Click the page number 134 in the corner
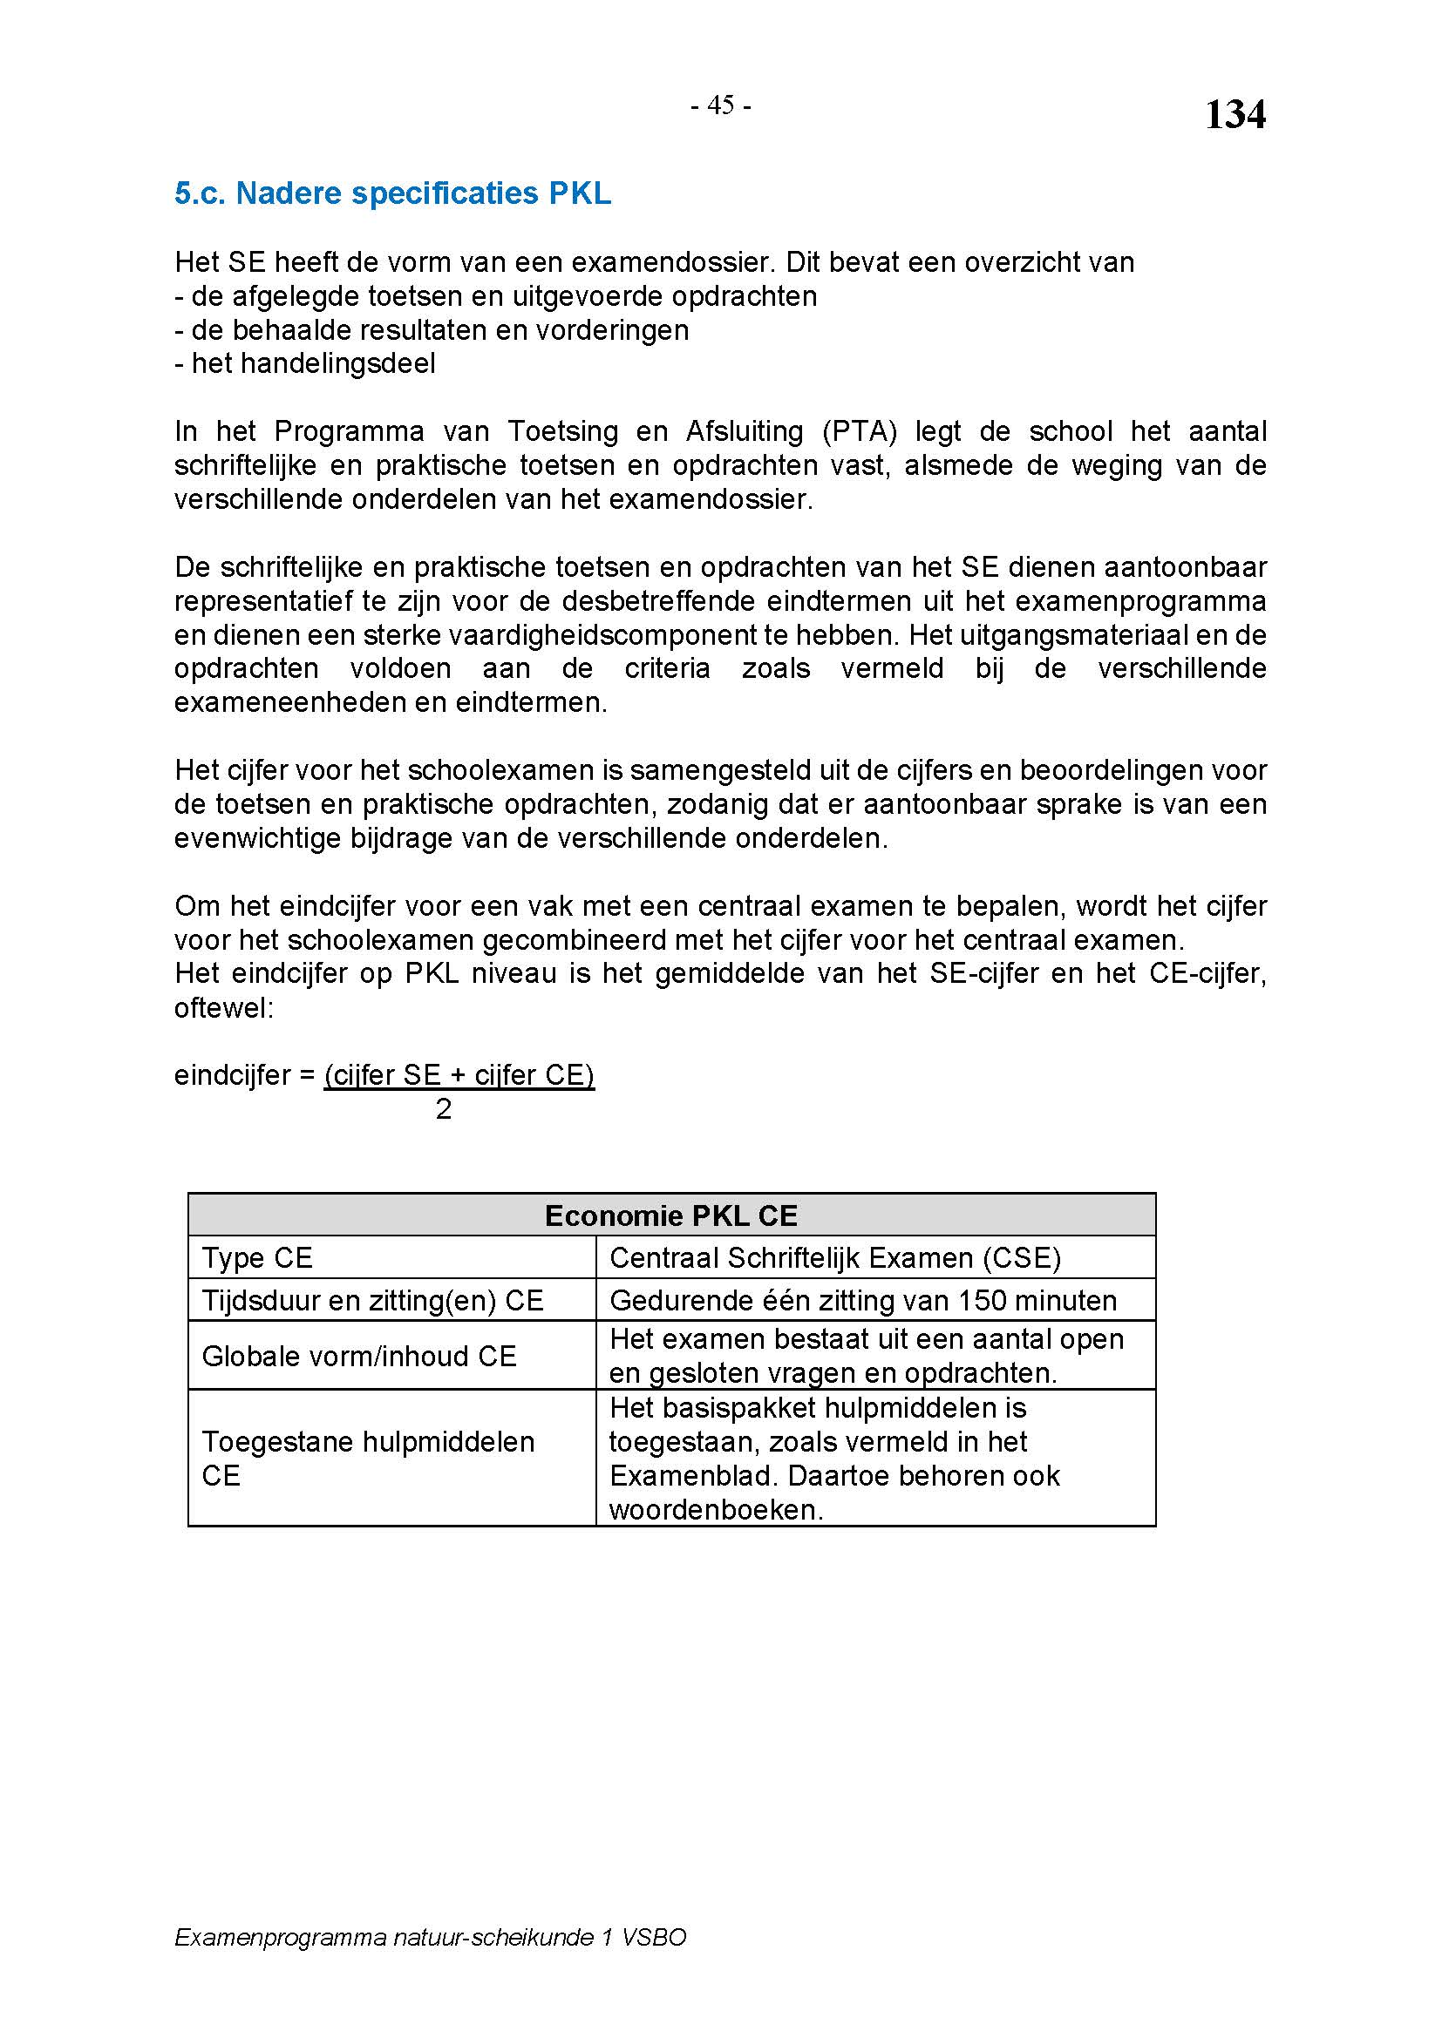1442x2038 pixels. (1235, 115)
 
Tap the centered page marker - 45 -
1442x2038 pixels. (721, 106)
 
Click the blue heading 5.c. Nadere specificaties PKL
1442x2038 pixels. (392, 193)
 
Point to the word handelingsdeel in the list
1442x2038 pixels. (314, 364)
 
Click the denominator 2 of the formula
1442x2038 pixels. (444, 1108)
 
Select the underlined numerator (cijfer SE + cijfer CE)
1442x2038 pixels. (459, 1075)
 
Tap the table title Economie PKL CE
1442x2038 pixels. (671, 1215)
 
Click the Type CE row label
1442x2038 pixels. (257, 1258)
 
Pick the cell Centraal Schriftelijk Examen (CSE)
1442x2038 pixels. (835, 1258)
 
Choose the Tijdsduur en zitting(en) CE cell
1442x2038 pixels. (372, 1300)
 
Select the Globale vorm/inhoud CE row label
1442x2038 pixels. (358, 1357)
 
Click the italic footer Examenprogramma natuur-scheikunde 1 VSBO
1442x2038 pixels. (431, 1937)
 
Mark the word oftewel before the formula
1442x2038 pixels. (224, 1008)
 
